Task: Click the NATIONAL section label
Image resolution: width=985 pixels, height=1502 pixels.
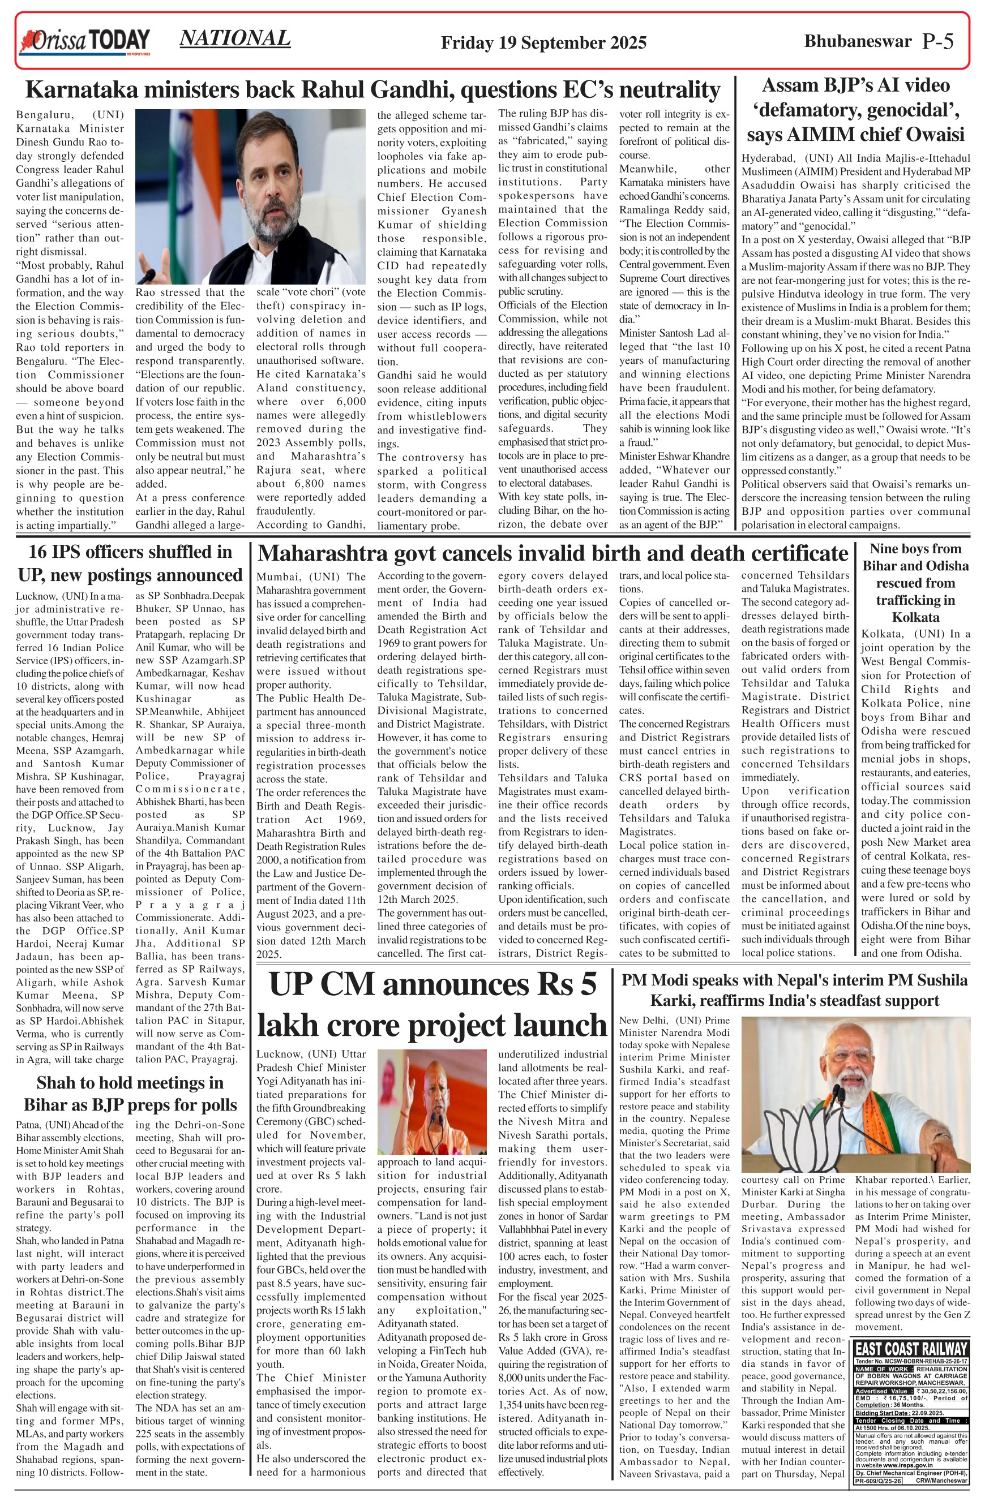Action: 235,38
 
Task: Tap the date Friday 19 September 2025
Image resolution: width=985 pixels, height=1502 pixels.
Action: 543,43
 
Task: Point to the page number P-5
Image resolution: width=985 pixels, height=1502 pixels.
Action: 937,42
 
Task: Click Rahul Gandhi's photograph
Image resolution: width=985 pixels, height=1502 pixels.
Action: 250,196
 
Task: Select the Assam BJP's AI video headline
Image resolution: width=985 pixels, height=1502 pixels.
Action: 855,110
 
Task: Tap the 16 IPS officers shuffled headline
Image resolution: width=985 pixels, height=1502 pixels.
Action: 130,563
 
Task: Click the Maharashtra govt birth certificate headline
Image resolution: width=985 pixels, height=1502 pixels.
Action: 553,553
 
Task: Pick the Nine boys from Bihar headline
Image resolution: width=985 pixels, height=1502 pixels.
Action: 915,583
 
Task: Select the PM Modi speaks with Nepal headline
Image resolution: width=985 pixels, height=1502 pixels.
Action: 794,990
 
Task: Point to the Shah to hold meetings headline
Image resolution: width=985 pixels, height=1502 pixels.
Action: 130,1094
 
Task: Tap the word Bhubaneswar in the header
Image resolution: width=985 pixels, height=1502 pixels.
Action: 858,42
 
